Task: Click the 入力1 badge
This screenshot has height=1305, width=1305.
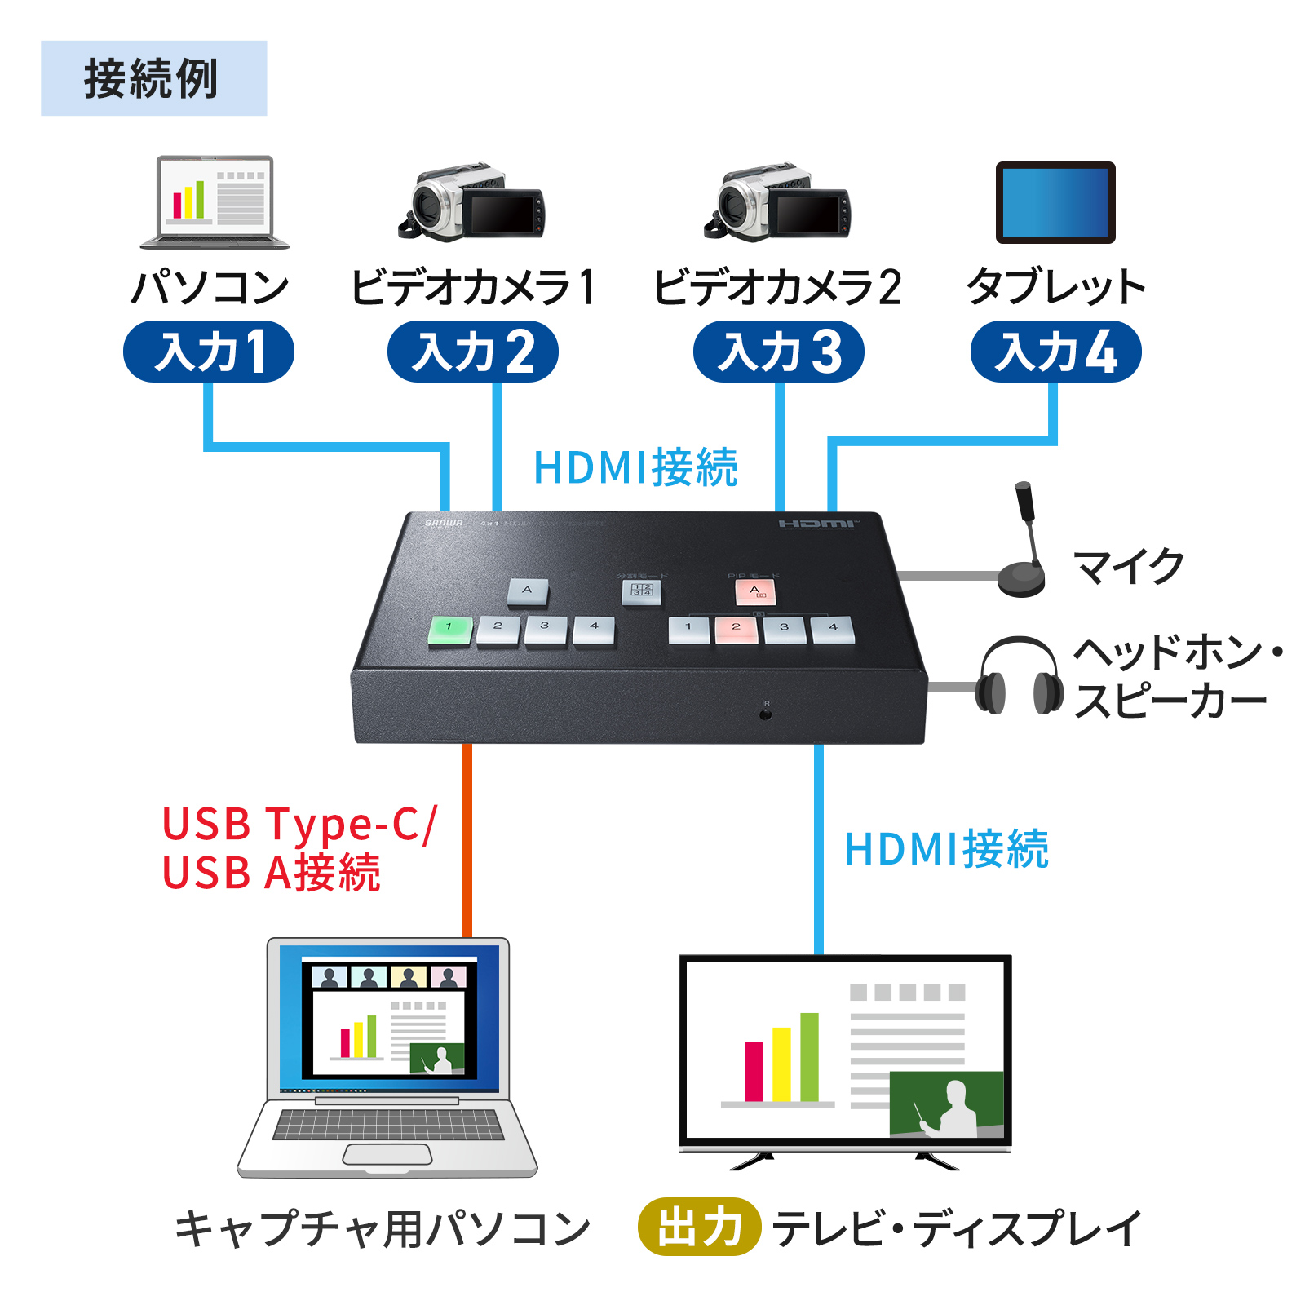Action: pyautogui.click(x=209, y=352)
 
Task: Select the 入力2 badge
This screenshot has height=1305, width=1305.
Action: pyautogui.click(x=473, y=352)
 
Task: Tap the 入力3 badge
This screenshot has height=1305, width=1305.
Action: pyautogui.click(x=779, y=352)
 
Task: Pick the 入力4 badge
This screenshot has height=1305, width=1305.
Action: pyautogui.click(x=1055, y=352)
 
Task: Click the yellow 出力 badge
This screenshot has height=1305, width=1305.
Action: pyautogui.click(x=699, y=1226)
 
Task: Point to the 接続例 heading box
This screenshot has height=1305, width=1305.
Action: pyautogui.click(x=153, y=78)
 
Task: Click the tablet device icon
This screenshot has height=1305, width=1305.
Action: pyautogui.click(x=1055, y=202)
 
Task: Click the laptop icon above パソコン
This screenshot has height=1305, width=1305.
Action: pyautogui.click(x=215, y=202)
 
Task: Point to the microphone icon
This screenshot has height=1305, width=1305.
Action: pyautogui.click(x=1023, y=542)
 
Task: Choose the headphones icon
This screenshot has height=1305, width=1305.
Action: pyautogui.click(x=1020, y=676)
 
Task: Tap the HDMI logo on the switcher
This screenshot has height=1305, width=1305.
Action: pyautogui.click(x=817, y=524)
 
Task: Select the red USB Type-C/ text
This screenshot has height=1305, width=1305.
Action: pyautogui.click(x=299, y=824)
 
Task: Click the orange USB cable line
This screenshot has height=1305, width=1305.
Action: pyautogui.click(x=467, y=840)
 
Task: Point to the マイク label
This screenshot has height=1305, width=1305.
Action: pyautogui.click(x=1129, y=566)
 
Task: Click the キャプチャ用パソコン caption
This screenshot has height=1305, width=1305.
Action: pyautogui.click(x=383, y=1228)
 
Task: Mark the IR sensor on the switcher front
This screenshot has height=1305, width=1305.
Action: pyautogui.click(x=765, y=714)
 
